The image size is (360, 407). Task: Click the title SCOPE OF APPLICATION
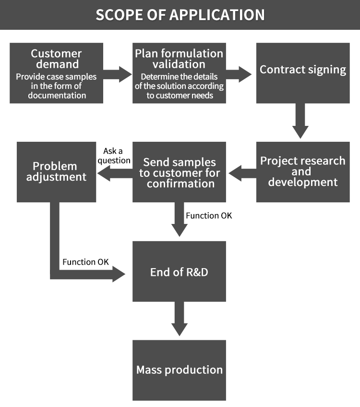point(180,14)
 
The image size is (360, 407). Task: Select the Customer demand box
point(56,73)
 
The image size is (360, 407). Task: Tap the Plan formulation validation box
point(179,73)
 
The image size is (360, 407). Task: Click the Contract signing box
point(303,73)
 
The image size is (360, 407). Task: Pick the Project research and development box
point(303,172)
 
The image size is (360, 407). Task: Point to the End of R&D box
point(179,272)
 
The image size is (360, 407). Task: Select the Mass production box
point(179,370)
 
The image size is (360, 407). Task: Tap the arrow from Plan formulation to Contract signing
point(239,74)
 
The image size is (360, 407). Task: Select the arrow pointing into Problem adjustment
point(115,176)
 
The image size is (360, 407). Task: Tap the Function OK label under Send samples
point(209,216)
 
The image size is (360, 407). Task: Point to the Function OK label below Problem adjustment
point(85,262)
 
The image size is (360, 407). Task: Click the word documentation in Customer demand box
point(56,95)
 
